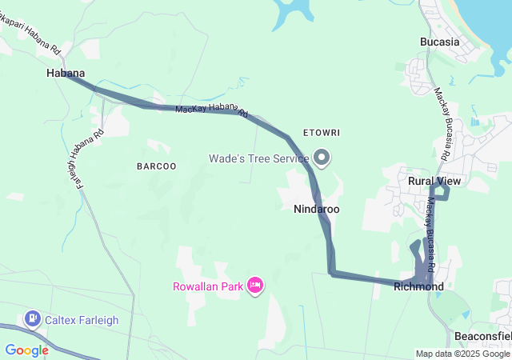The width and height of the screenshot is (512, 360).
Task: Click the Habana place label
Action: click(x=65, y=73)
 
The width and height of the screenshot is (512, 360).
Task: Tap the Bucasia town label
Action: click(x=440, y=42)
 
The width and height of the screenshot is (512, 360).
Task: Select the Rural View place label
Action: click(x=434, y=182)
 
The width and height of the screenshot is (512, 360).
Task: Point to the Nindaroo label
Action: click(x=317, y=209)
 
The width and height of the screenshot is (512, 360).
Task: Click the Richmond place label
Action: click(x=418, y=286)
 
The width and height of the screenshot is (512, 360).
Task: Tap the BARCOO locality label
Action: click(x=156, y=166)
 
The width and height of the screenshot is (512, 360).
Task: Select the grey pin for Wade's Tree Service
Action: click(x=322, y=158)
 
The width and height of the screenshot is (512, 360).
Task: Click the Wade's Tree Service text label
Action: click(x=258, y=158)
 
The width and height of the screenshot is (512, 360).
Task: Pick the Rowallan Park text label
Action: click(x=207, y=286)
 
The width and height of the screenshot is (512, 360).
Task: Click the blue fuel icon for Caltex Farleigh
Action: click(x=33, y=319)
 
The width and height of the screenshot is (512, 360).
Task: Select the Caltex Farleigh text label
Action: click(x=82, y=320)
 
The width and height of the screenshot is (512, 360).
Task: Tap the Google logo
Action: click(x=26, y=350)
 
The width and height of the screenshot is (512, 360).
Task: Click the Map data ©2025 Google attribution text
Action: click(x=462, y=354)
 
